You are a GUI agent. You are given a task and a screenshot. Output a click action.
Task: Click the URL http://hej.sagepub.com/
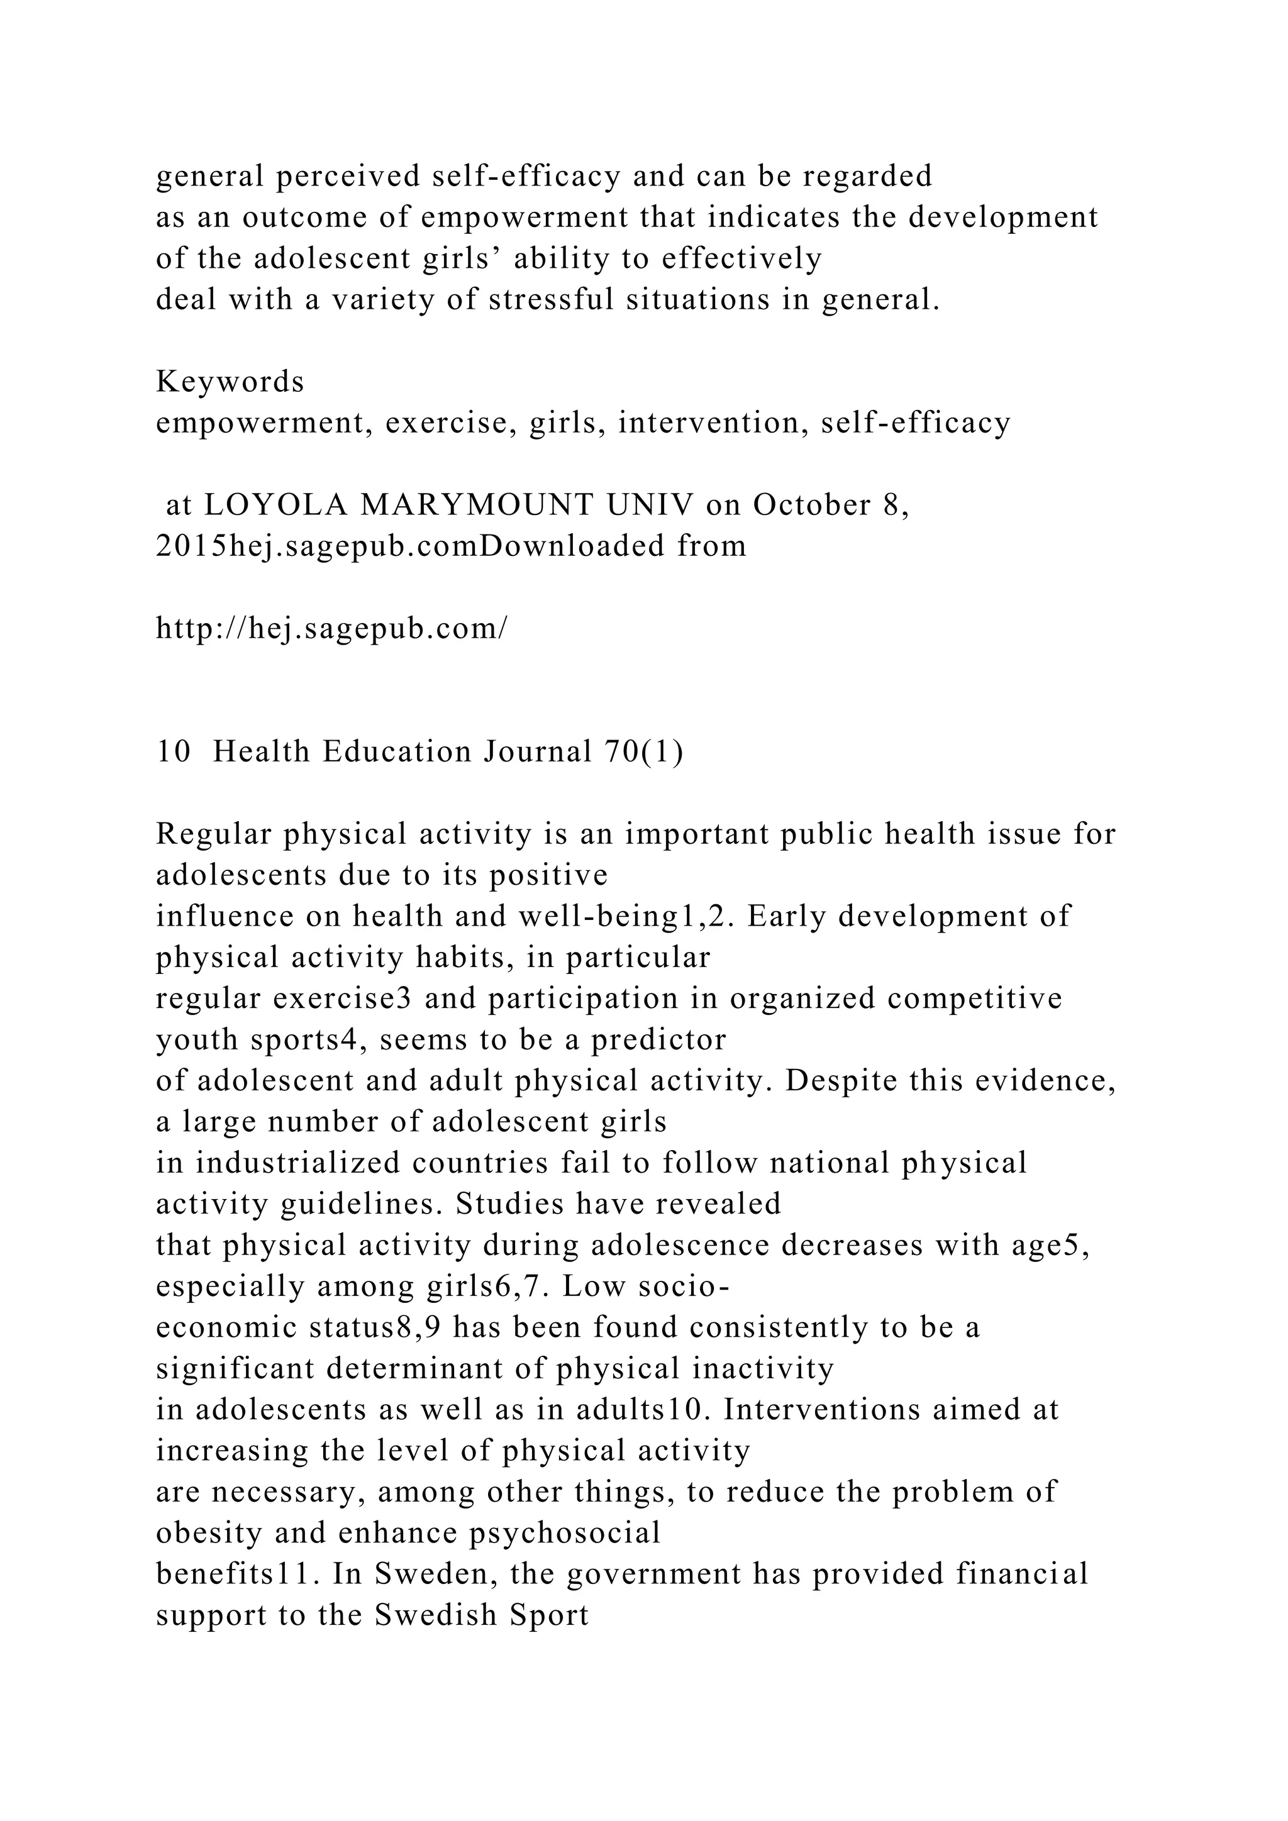331,629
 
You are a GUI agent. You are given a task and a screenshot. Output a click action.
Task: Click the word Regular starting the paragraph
213,834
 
